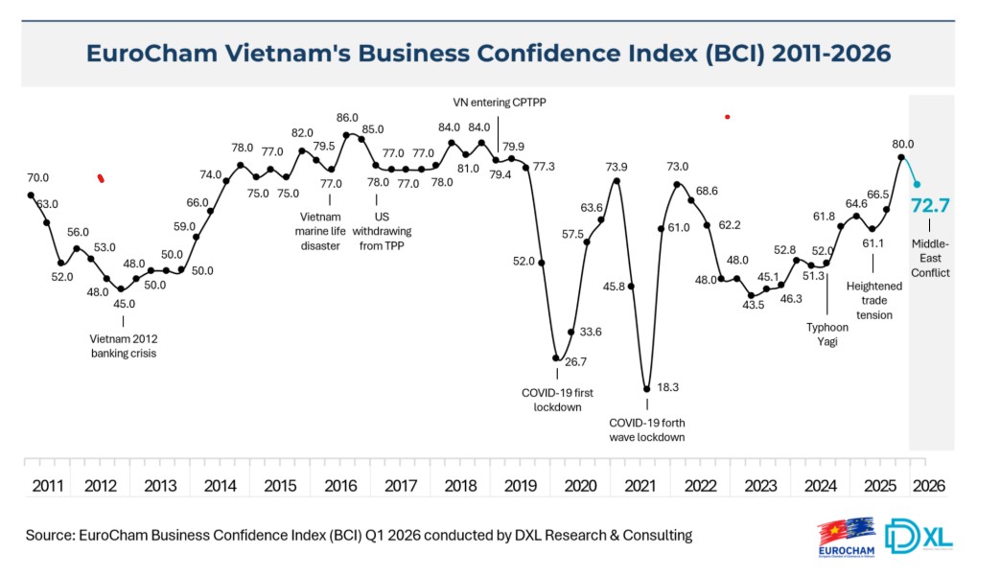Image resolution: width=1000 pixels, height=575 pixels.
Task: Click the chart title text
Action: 488,52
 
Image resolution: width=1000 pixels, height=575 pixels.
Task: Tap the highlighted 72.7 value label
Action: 931,205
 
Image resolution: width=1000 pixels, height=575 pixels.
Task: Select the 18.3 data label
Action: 667,388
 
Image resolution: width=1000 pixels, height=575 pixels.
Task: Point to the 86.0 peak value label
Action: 347,117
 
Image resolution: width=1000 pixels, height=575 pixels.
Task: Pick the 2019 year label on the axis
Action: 521,486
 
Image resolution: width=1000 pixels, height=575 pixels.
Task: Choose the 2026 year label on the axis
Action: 929,486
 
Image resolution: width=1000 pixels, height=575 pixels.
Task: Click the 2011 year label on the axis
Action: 48,486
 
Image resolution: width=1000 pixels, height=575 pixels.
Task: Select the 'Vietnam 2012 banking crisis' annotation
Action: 123,345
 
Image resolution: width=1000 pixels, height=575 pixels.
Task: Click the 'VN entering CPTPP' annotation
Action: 504,102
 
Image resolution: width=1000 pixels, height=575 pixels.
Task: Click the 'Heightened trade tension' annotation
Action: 873,300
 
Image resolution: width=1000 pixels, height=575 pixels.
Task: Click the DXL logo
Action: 919,536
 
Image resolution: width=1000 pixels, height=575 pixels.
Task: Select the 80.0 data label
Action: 902,144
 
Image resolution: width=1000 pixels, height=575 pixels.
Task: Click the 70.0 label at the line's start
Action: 37,177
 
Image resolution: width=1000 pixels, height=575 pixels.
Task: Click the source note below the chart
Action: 359,535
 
